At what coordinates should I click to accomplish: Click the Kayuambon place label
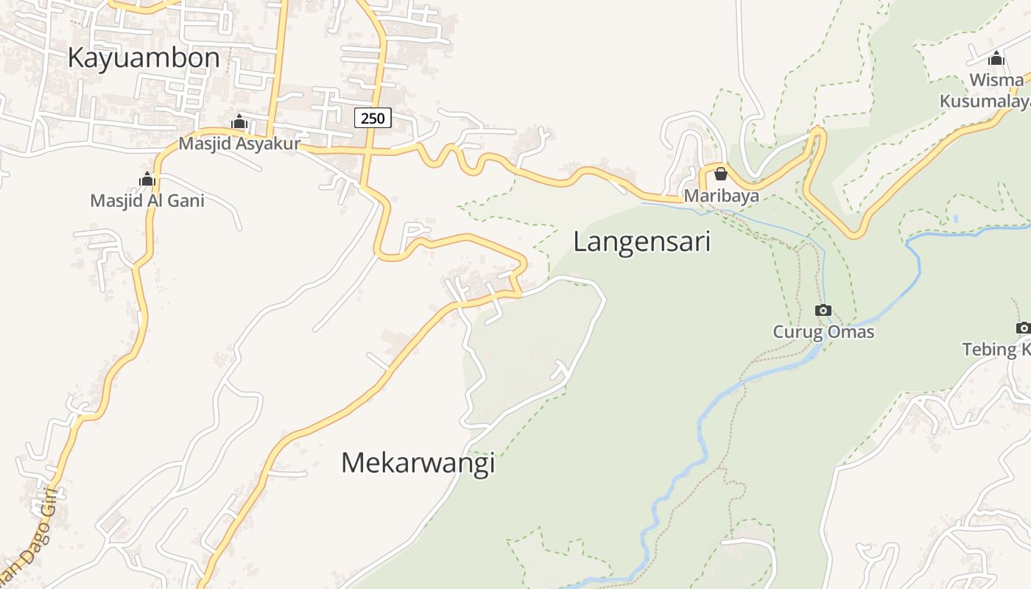tap(144, 57)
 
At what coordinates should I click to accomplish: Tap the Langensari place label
tap(641, 241)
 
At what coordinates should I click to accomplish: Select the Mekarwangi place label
tap(418, 462)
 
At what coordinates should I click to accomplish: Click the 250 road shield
tap(373, 118)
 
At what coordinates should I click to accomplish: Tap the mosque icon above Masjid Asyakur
tap(239, 122)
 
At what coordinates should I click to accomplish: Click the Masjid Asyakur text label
tap(239, 144)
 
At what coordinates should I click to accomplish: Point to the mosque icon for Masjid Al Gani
tap(147, 179)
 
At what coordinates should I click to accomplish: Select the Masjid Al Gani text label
tap(147, 200)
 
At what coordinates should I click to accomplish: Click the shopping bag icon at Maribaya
tap(721, 174)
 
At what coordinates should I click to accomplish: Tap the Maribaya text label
tap(721, 196)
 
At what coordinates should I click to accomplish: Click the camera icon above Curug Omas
tap(823, 310)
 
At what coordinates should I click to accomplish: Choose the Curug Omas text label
tap(823, 331)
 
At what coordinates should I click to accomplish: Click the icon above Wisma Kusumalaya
tap(996, 58)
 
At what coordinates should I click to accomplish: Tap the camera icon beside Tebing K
tap(1023, 328)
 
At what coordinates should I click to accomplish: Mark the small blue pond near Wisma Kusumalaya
tap(955, 219)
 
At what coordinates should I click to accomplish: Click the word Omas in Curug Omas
tap(851, 331)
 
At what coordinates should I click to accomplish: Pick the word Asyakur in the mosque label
tap(267, 144)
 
